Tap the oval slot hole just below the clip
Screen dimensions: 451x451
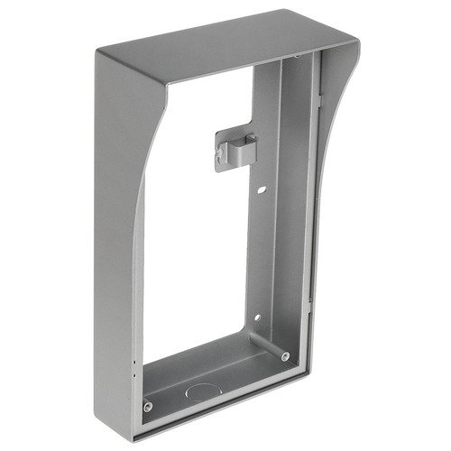[x=261, y=191]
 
